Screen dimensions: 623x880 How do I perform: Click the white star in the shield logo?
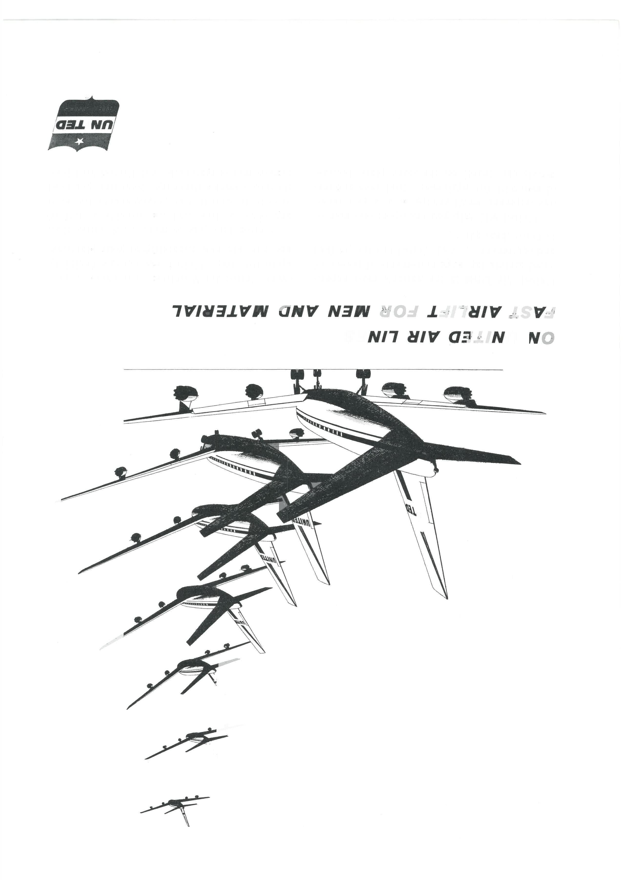click(x=79, y=142)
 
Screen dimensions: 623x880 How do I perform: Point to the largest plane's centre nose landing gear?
click(x=317, y=378)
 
